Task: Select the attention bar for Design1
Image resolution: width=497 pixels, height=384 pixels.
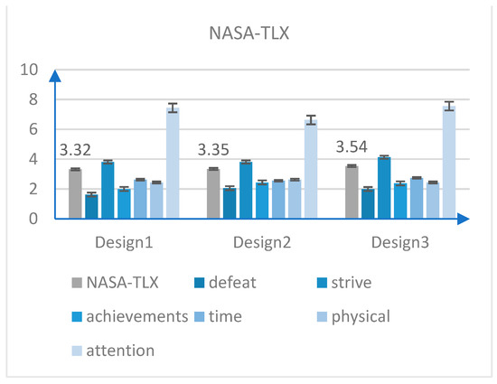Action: (172, 163)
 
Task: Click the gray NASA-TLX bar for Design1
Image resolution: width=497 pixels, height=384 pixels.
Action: (75, 193)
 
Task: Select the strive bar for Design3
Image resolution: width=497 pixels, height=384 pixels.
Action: (384, 188)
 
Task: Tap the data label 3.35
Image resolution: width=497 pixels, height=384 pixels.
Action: (217, 150)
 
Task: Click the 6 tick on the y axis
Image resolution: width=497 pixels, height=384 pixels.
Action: (33, 130)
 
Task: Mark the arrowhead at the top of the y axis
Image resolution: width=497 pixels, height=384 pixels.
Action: (54, 76)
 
